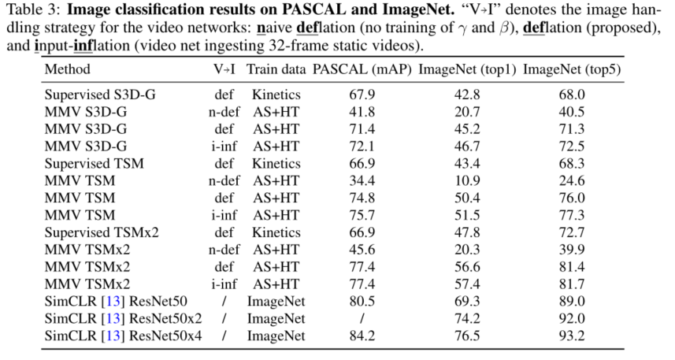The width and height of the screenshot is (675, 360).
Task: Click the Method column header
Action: [67, 69]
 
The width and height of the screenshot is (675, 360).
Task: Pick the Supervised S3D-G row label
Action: [100, 95]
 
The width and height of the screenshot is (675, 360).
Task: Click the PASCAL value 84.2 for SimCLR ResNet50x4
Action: [361, 336]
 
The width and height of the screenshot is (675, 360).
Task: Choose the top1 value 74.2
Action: [467, 319]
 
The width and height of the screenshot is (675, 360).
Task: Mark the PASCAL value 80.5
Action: [361, 302]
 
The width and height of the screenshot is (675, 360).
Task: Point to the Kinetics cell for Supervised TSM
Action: [276, 163]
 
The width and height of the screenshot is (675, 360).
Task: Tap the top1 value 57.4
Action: [467, 284]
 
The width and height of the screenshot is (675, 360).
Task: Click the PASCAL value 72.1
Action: [361, 147]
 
